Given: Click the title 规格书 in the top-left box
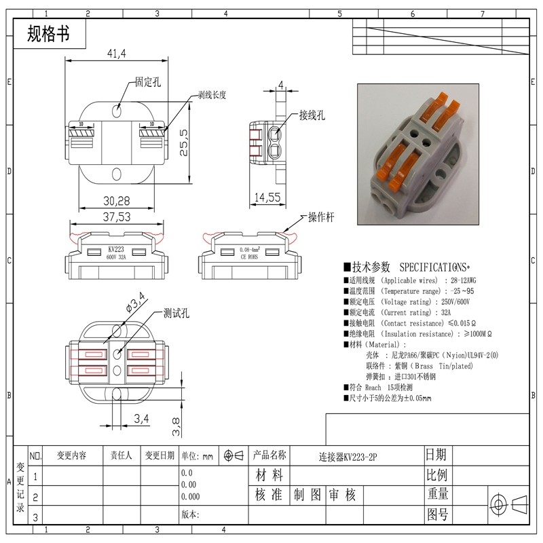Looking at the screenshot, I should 48,35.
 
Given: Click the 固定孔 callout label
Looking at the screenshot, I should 148,82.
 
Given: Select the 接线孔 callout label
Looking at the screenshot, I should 312,115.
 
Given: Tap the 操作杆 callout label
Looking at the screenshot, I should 322,217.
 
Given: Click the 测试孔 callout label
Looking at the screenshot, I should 176,314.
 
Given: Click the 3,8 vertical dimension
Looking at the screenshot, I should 176,426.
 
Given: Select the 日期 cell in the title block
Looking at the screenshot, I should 436,454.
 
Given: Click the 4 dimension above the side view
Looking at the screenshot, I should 280,86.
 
